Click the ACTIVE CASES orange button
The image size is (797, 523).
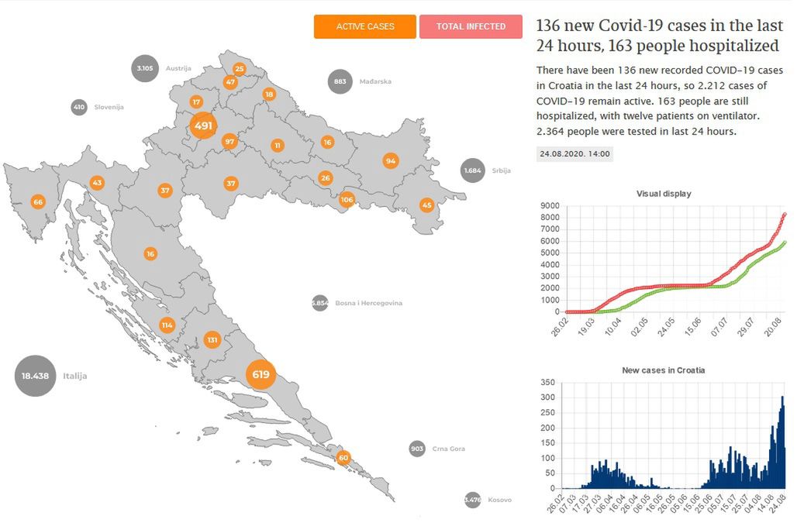[364, 26]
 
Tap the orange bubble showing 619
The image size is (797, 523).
[260, 375]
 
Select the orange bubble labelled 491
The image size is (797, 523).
[203, 126]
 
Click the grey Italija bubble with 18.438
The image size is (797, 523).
[36, 376]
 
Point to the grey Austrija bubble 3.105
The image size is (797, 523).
[145, 68]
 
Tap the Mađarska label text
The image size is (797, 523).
[375, 81]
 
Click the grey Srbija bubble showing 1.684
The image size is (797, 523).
[473, 170]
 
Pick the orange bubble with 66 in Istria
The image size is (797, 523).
[37, 202]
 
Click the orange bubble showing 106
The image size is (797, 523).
[347, 200]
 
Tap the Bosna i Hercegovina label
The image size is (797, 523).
[368, 304]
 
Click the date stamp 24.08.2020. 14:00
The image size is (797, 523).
[574, 153]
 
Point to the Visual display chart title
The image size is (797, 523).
[663, 194]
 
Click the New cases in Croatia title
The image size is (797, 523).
[663, 370]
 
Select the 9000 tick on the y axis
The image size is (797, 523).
[550, 205]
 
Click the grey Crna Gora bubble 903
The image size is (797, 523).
[417, 449]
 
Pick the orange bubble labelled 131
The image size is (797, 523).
[212, 340]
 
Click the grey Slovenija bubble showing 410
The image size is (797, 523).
[79, 107]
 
